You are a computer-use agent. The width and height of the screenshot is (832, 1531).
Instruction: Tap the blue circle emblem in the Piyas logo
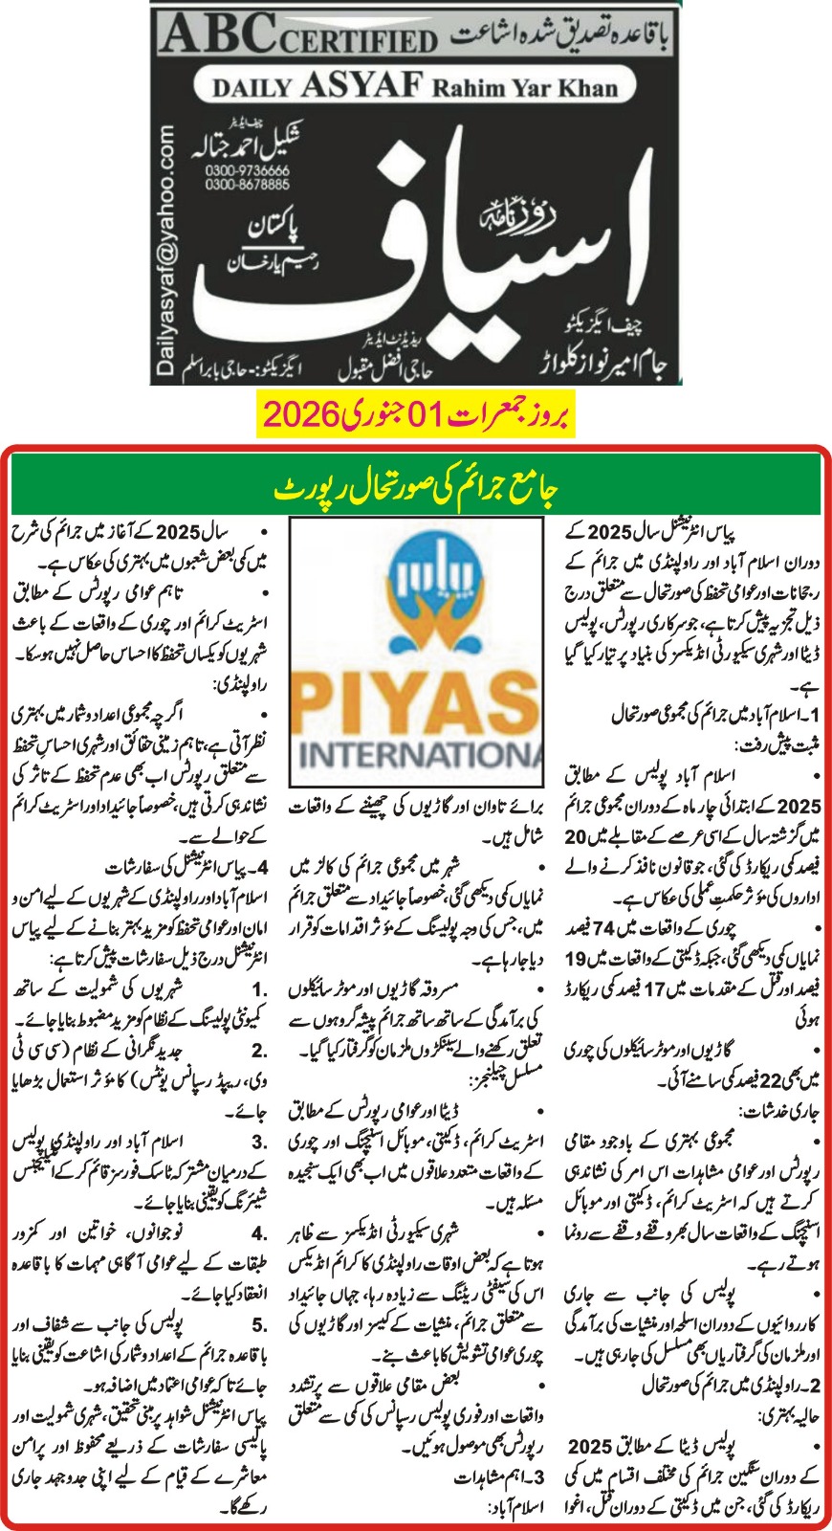415,584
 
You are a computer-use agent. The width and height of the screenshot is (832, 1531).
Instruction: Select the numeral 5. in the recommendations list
259,1325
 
